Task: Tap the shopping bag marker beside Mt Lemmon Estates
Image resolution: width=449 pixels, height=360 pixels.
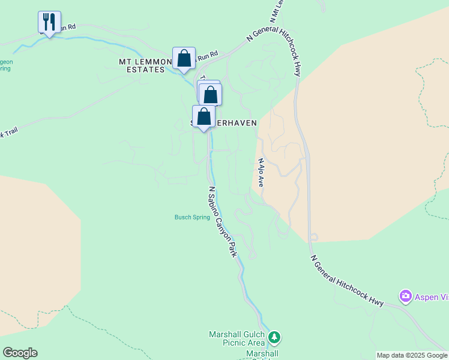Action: [184, 59]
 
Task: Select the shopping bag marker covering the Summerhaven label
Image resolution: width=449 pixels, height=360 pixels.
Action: [203, 116]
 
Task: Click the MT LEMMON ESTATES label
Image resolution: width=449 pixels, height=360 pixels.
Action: [142, 65]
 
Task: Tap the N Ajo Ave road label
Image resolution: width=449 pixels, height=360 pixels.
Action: [261, 173]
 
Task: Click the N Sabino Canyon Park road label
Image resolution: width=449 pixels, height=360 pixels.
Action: [222, 222]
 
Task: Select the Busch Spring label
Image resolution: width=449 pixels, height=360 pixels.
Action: [192, 217]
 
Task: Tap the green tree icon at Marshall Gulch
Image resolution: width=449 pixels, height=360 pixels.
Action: [274, 338]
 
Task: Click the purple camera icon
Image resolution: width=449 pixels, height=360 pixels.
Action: [406, 296]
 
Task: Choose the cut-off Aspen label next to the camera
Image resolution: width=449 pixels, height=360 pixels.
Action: [431, 297]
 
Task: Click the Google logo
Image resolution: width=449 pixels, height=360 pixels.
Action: [20, 353]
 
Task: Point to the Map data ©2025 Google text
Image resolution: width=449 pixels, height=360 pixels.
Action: [412, 355]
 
